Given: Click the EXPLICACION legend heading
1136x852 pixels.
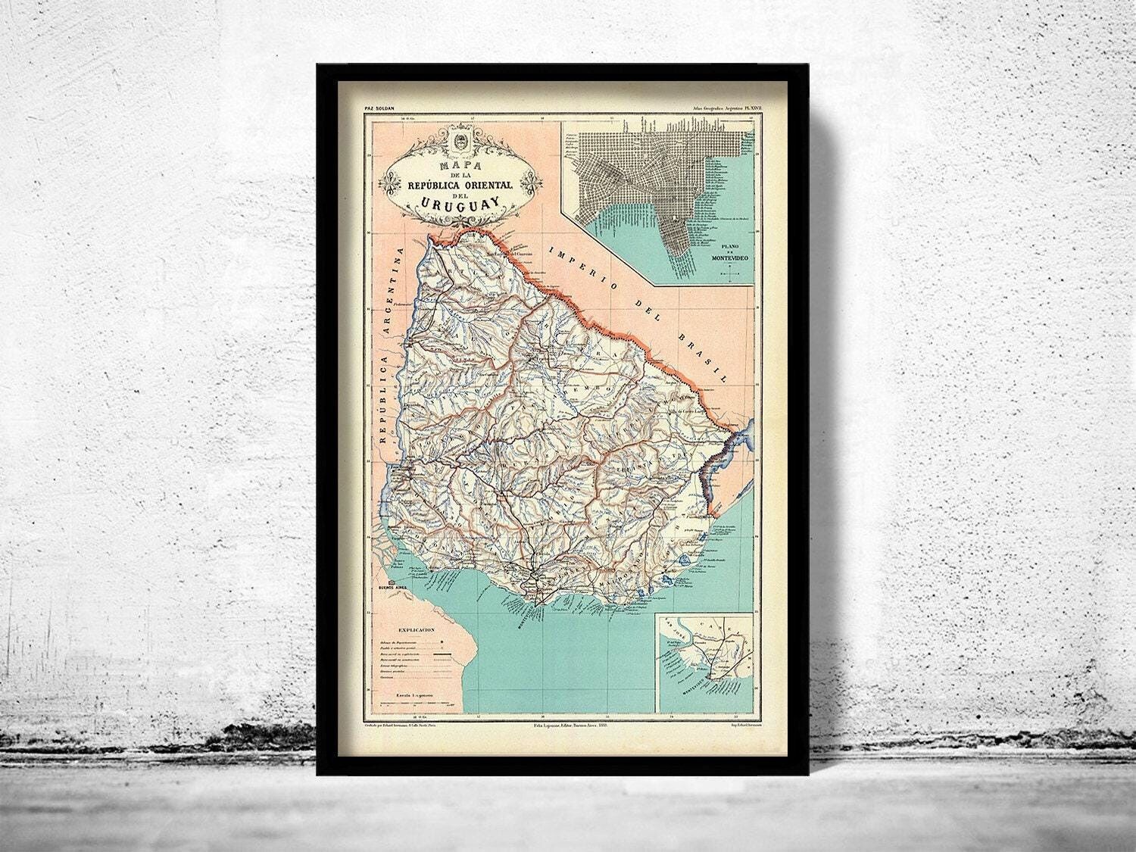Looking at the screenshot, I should coord(412,629).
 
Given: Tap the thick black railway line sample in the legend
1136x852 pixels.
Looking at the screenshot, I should coord(436,653).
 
